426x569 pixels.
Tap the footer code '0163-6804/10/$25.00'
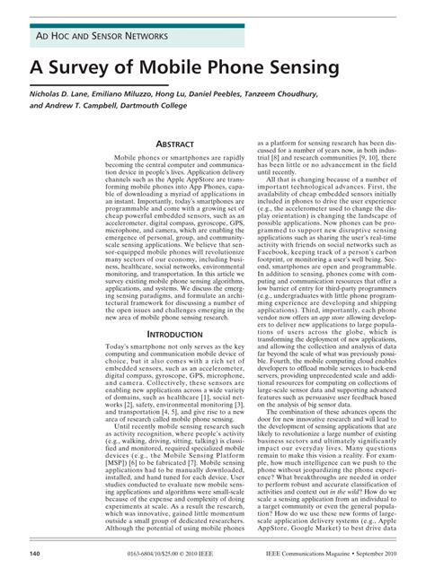tap(145, 555)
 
